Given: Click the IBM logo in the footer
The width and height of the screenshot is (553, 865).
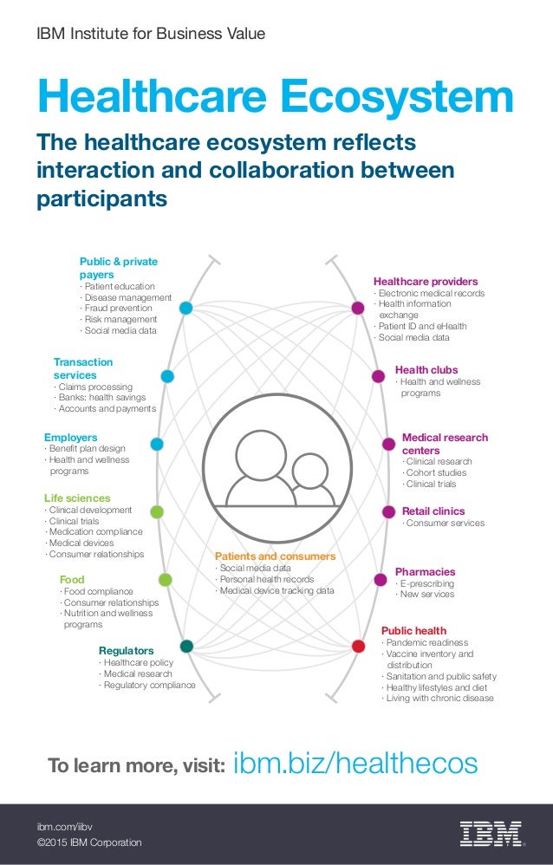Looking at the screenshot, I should coord(491,833).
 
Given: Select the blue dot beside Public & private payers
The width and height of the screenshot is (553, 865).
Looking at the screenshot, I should coord(185,308).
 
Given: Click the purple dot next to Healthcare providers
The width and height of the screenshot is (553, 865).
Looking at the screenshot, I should coord(357,308).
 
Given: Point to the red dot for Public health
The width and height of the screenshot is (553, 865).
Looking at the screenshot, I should coord(358,646).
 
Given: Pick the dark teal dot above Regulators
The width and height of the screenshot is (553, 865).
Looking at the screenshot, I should coord(186,646).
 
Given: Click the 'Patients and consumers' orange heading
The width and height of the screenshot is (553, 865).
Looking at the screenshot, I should coord(275,556).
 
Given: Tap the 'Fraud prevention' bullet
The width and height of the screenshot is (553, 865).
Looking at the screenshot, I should coord(118,308).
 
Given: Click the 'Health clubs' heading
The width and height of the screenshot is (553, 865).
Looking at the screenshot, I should coord(426,369).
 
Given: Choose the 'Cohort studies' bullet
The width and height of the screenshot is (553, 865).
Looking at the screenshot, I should coord(437,473).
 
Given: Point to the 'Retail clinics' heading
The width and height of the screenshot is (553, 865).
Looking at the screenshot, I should coord(433,511).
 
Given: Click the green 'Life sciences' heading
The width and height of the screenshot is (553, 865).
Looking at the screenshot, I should coord(77,498).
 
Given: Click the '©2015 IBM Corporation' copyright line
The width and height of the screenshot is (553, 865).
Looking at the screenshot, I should coord(88,842).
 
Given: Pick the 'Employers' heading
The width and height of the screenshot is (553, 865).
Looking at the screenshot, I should coord(71,438).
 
